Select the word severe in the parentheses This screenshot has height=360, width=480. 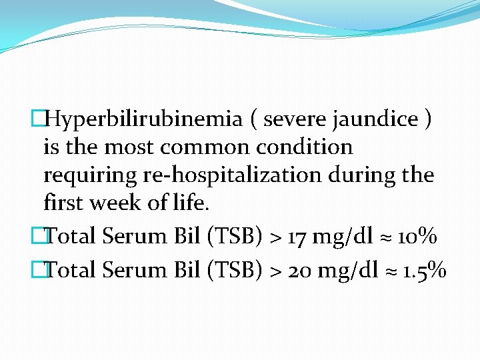294,119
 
